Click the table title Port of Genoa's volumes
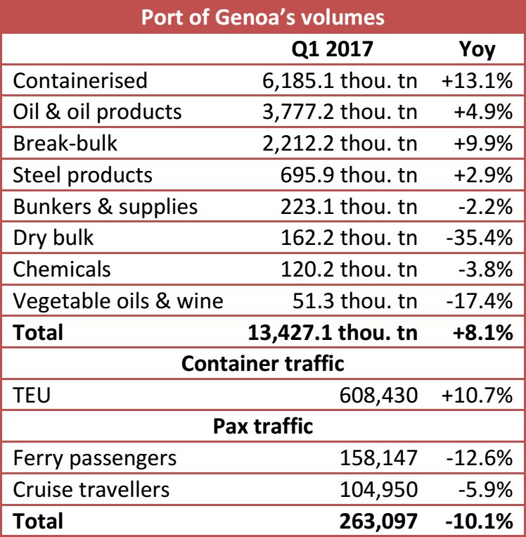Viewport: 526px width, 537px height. pos(263,17)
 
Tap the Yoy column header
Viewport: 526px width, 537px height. pos(477,49)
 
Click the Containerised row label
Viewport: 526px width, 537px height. pos(81,80)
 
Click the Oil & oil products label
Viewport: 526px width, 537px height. pos(98,111)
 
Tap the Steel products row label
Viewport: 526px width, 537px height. pos(83,175)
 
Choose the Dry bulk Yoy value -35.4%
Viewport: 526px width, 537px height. pos(478,238)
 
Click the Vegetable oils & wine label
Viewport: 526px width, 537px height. pos(118,301)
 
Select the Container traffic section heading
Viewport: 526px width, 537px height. pos(263,364)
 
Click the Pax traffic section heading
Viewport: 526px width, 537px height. pos(263,427)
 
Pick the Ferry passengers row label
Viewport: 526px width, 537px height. pos(95,458)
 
